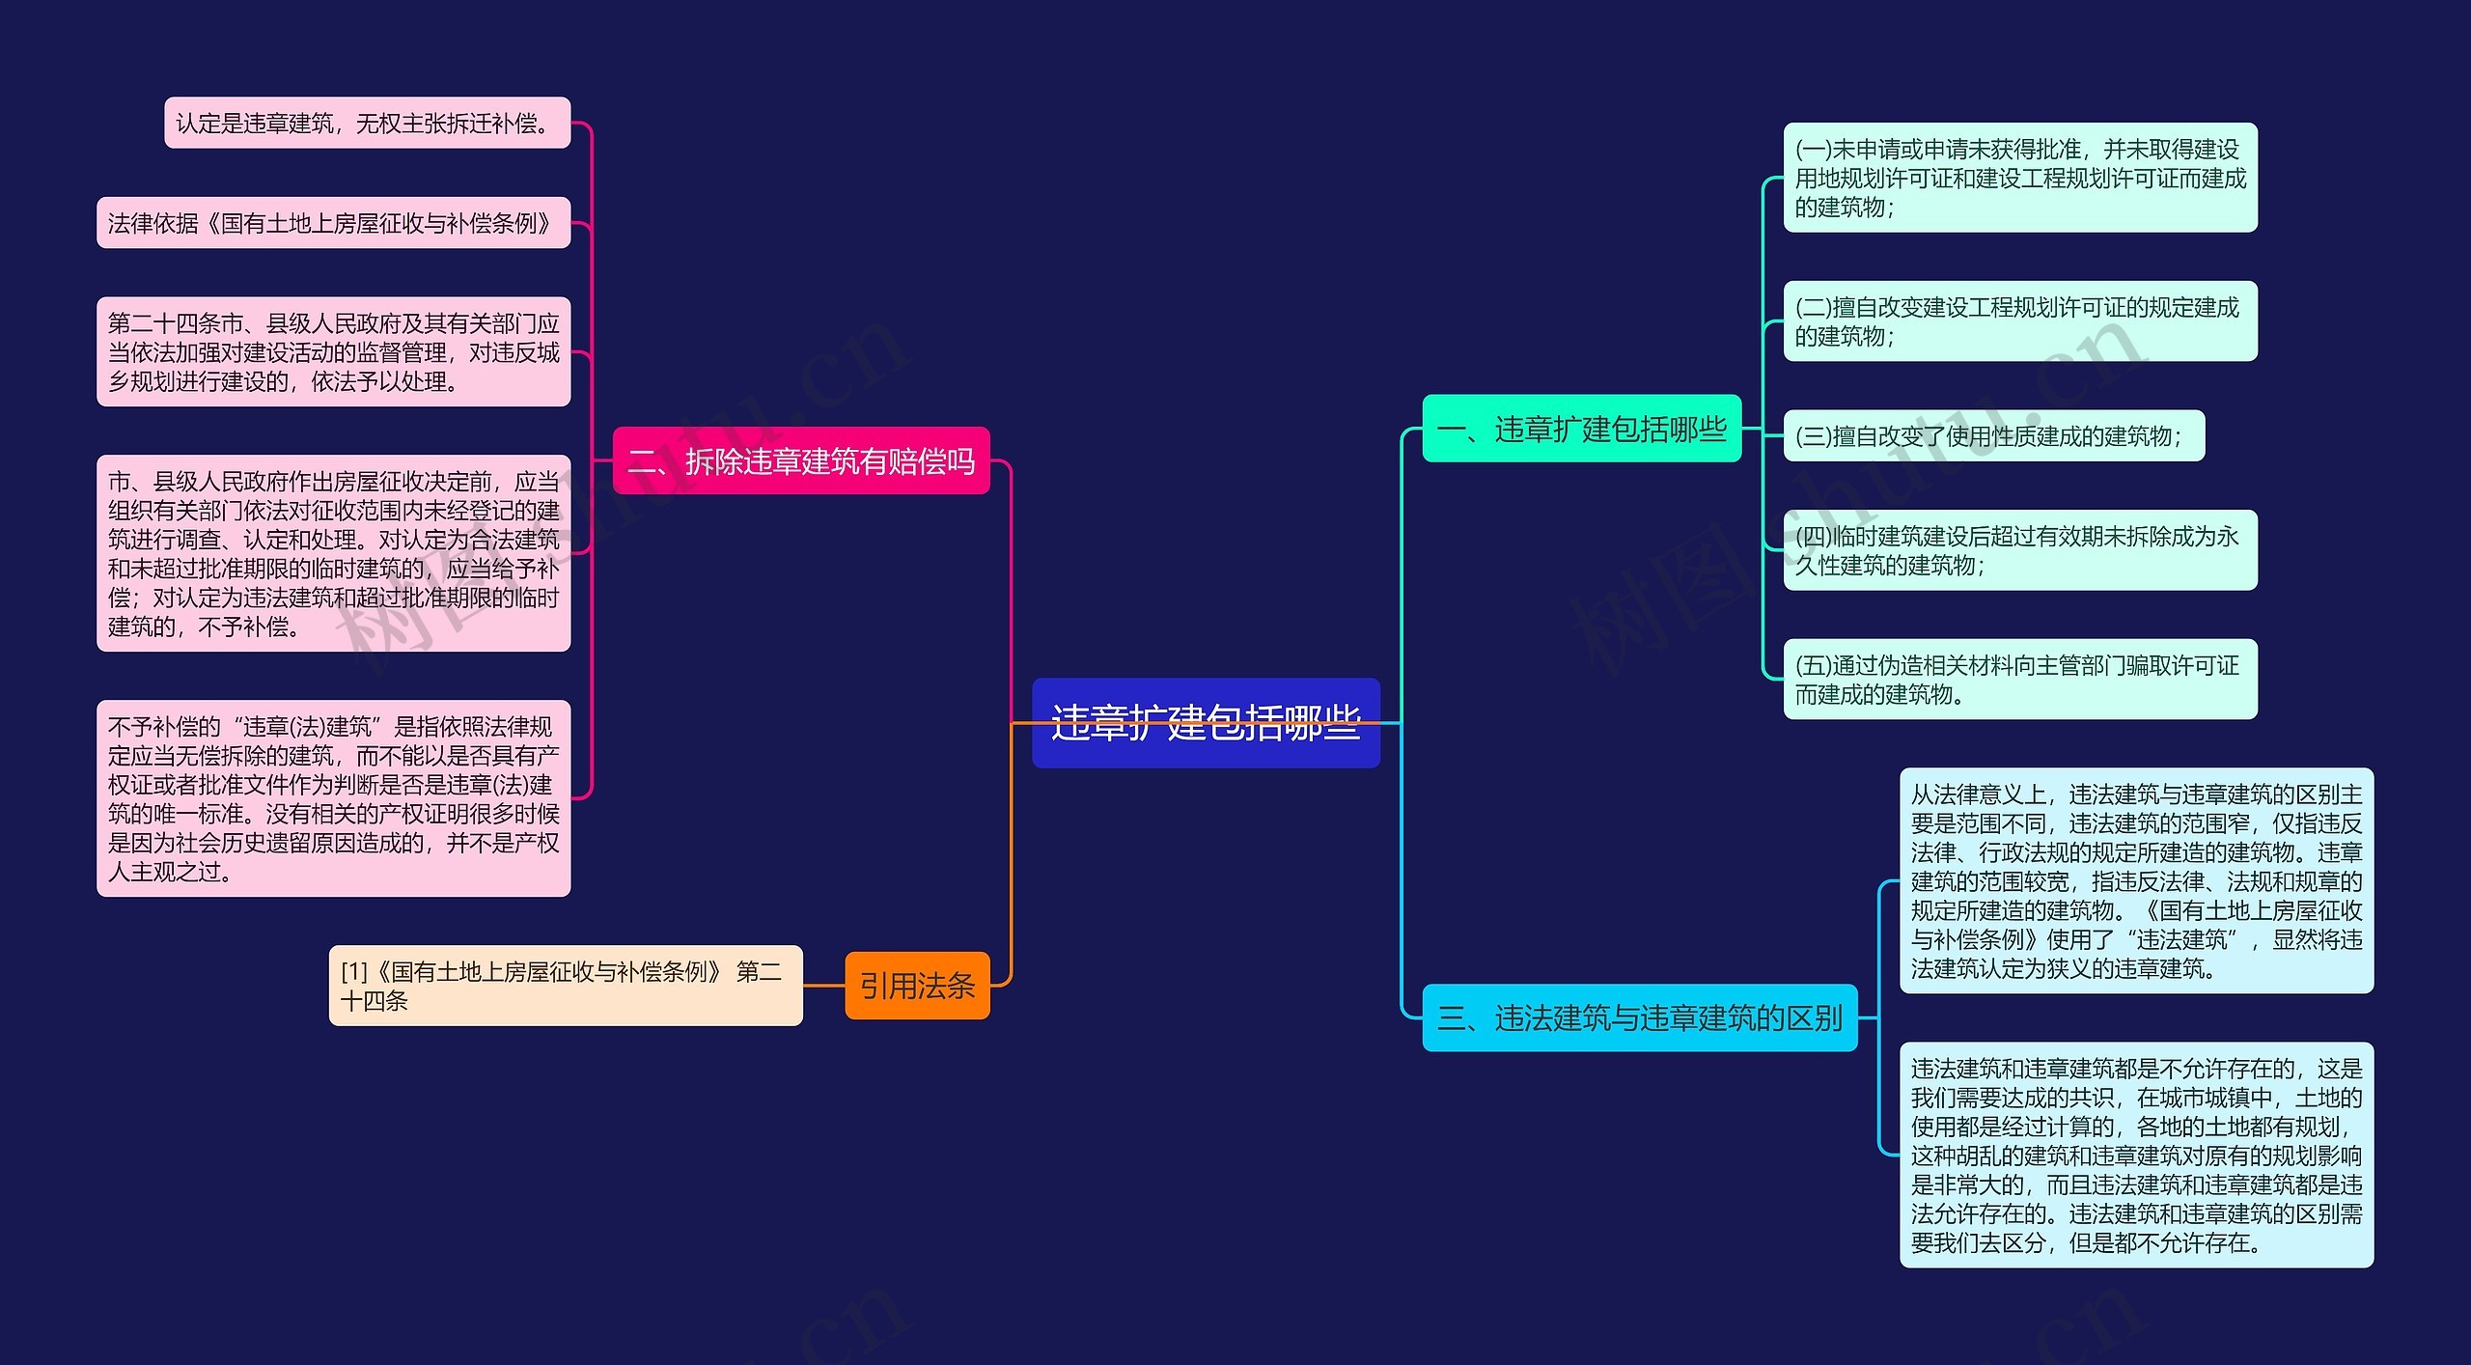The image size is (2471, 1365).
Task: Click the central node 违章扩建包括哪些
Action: point(1206,723)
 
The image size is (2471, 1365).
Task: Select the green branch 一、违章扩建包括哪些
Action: point(1582,429)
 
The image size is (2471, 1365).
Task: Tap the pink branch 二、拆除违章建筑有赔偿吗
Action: point(801,460)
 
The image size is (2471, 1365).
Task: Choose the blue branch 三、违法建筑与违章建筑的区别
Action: point(1640,1017)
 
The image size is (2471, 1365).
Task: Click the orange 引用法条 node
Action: point(917,986)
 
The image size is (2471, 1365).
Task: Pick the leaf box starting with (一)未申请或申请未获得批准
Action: point(2020,178)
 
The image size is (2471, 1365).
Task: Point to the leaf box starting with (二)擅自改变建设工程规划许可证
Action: point(2020,321)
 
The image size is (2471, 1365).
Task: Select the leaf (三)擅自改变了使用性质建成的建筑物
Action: point(1994,436)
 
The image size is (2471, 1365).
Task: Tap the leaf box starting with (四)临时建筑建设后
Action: point(2020,550)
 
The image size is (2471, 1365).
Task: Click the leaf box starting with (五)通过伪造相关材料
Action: point(2020,680)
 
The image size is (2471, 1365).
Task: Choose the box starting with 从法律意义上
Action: point(2136,880)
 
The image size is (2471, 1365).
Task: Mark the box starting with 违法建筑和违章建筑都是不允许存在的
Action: point(2136,1155)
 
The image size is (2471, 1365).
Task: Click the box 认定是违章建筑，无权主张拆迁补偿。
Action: point(368,123)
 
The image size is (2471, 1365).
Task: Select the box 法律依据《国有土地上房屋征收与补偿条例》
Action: point(334,223)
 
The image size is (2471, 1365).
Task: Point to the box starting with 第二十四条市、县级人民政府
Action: point(334,352)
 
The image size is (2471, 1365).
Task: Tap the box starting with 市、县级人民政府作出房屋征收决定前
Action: point(334,554)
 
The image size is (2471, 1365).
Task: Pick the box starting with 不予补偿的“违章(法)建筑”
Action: point(334,798)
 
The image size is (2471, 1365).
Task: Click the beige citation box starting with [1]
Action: point(566,986)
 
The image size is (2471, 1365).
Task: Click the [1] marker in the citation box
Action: point(354,972)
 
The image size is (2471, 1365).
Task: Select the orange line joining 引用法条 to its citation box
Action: point(824,986)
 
